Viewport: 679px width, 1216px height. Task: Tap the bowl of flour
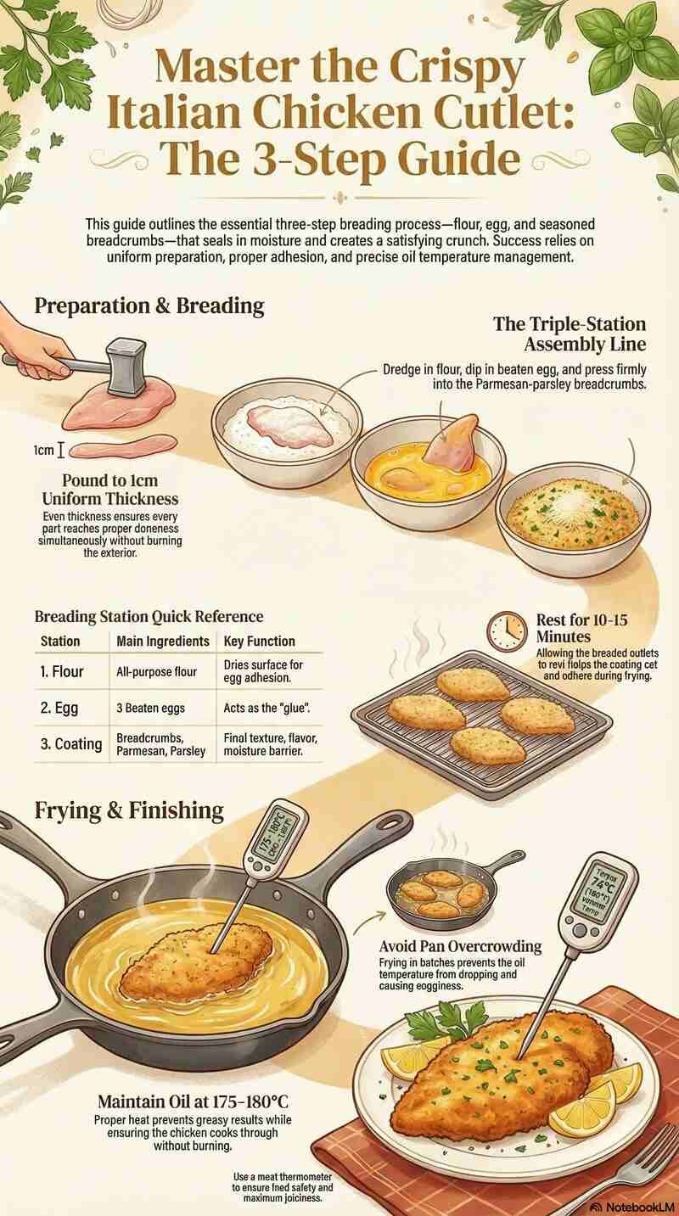286,424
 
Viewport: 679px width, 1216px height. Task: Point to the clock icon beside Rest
508,630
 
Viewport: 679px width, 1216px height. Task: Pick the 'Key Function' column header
259,641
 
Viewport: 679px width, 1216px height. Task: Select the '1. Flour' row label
62,671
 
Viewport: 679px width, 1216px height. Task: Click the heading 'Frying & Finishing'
129,810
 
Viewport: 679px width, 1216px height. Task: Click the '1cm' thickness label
44,450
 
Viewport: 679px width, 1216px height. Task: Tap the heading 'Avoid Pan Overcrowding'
461,946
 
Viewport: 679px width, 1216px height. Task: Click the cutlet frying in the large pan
197,962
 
